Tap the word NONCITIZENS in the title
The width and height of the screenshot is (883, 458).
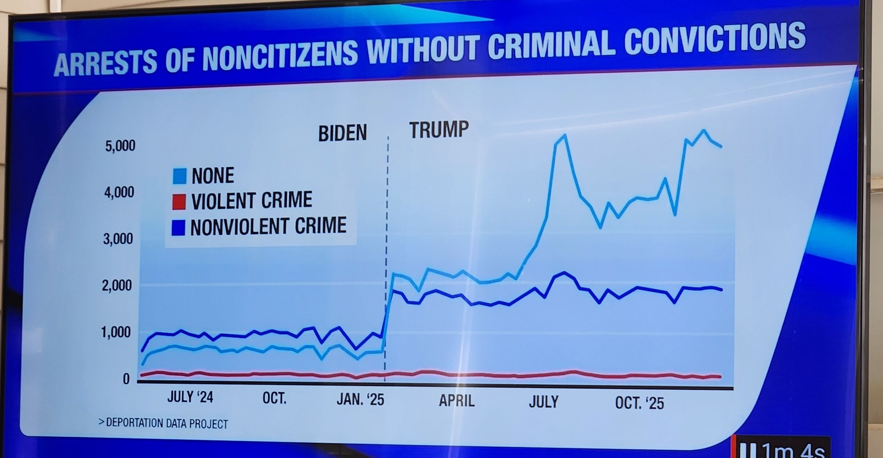click(x=280, y=56)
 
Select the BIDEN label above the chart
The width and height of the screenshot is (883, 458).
click(x=342, y=133)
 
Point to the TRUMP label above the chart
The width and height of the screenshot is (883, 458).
click(x=439, y=130)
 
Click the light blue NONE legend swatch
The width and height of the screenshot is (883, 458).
click(x=179, y=176)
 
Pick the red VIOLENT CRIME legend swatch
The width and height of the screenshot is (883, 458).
click(x=179, y=202)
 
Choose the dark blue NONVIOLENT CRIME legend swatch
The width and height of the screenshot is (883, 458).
click(x=178, y=227)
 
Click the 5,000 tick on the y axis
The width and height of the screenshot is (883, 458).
click(x=120, y=146)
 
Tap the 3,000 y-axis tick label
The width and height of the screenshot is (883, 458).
click(x=118, y=239)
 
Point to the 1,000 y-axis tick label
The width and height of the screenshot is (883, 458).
click(x=116, y=332)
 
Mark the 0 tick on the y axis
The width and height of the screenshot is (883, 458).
click(x=126, y=379)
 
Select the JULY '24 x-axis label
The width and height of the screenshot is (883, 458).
click(x=190, y=397)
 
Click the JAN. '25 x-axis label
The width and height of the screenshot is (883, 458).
click(x=360, y=399)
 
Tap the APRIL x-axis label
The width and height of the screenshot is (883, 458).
click(x=457, y=401)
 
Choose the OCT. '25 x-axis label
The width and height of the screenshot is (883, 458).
click(x=639, y=403)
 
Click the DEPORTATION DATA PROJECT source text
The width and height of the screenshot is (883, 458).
click(x=164, y=423)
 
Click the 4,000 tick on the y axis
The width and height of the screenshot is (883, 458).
click(x=119, y=192)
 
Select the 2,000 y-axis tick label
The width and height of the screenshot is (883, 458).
click(x=117, y=285)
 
